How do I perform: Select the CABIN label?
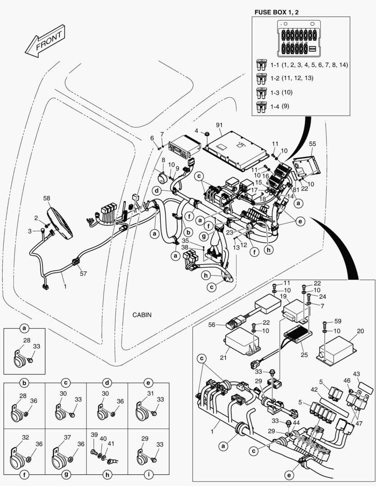click(142, 315)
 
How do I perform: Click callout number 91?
click(219, 125)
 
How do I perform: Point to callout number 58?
click(46, 198)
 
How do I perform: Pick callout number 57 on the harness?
click(83, 273)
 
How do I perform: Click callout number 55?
click(313, 144)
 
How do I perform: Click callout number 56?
click(213, 324)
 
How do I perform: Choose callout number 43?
click(356, 373)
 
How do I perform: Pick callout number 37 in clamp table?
click(67, 437)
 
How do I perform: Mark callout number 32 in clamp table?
click(25, 437)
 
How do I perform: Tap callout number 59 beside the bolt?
click(338, 321)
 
